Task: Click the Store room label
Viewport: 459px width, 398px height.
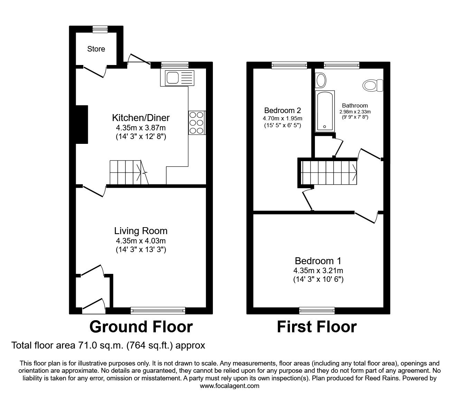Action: pos(96,49)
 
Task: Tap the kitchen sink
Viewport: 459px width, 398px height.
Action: pos(177,78)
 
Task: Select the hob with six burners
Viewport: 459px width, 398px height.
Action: pos(197,122)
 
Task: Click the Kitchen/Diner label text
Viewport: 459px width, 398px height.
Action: pos(141,118)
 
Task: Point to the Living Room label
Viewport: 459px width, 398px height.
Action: pos(141,231)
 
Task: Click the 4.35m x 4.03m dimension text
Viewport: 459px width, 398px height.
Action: pos(141,241)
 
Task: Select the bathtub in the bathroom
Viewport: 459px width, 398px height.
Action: pos(325,111)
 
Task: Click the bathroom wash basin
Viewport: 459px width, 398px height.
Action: pos(321,80)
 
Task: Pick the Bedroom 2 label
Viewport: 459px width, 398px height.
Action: pos(282,111)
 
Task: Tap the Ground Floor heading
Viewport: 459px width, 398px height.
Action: pos(141,327)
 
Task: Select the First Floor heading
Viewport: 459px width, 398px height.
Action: pos(317,327)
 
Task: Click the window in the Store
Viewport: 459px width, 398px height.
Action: pos(100,29)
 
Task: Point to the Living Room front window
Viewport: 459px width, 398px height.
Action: pos(158,311)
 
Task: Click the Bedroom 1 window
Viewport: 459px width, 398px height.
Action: pos(317,311)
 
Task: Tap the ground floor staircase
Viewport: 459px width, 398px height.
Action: pos(128,172)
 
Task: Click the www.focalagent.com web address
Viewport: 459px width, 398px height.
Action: pos(230,386)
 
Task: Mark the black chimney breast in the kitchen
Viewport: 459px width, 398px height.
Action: pos(82,124)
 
